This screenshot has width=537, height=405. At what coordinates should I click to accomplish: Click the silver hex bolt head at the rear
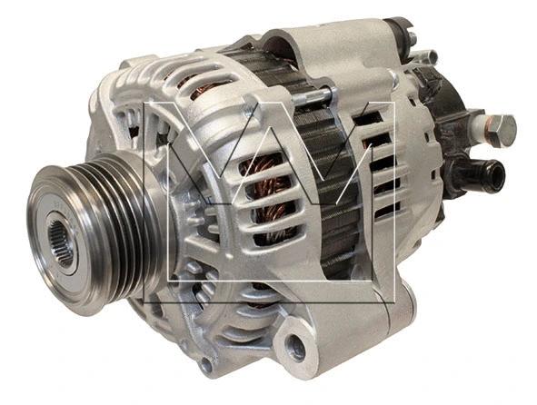click(x=501, y=130)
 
